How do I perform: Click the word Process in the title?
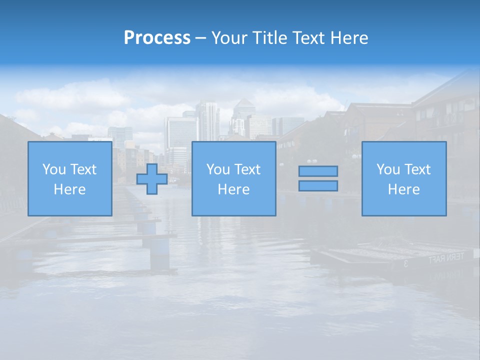pyautogui.click(x=157, y=38)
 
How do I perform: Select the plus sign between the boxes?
pyautogui.click(x=152, y=179)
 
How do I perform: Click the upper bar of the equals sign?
pyautogui.click(x=318, y=171)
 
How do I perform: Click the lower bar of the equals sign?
pyautogui.click(x=318, y=186)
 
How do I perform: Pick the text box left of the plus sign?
pyautogui.click(x=69, y=179)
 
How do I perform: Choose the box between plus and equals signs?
pyautogui.click(x=233, y=179)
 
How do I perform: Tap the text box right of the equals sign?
pyautogui.click(x=404, y=179)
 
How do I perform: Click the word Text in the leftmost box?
pyautogui.click(x=83, y=169)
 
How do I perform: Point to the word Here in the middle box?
pyautogui.click(x=233, y=189)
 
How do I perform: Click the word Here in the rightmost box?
pyautogui.click(x=404, y=189)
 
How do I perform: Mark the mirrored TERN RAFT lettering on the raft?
pyautogui.click(x=446, y=258)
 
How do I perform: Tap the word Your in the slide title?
pyautogui.click(x=227, y=38)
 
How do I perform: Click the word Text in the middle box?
pyautogui.click(x=247, y=169)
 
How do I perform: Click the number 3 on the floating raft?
pyautogui.click(x=405, y=263)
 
